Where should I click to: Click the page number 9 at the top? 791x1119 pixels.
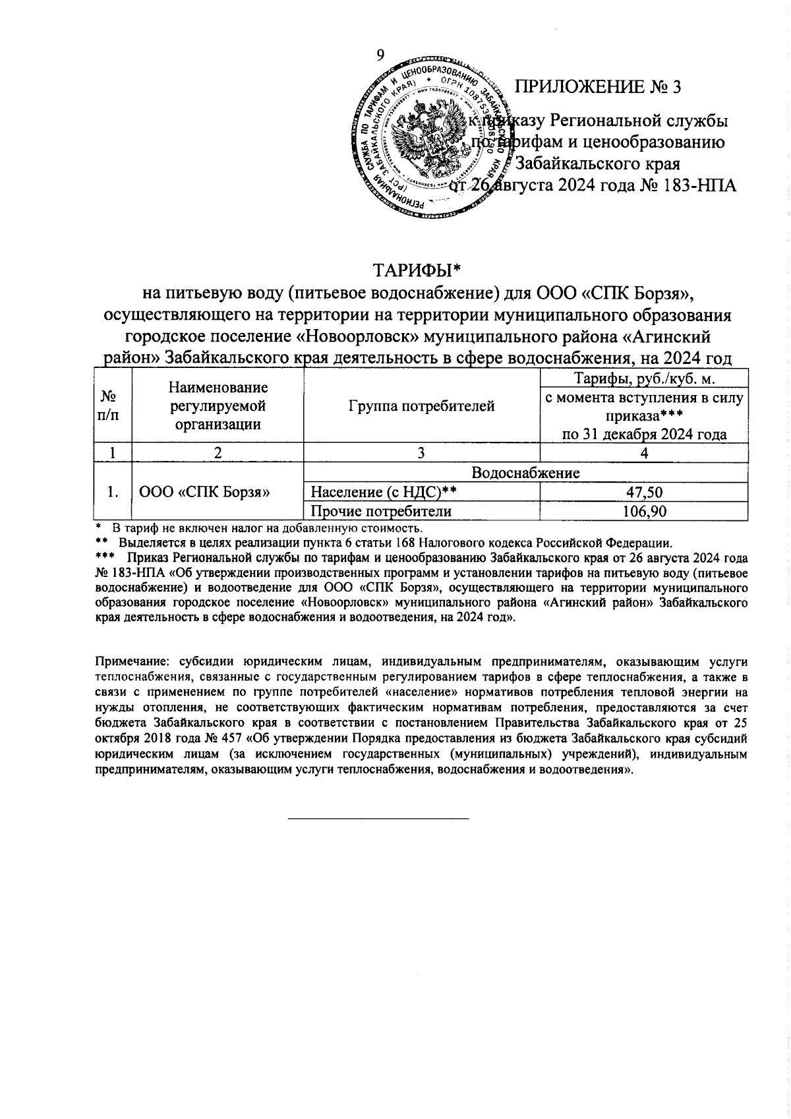point(380,55)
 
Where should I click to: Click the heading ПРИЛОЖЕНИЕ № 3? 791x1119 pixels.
point(597,87)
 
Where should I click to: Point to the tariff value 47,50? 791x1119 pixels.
point(643,493)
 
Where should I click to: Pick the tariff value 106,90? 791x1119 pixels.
point(643,512)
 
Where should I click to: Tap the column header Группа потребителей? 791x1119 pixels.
point(421,406)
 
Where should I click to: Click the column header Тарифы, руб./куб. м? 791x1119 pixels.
point(643,378)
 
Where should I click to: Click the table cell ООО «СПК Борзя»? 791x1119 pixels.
point(204,492)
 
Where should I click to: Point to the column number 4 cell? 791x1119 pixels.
point(643,453)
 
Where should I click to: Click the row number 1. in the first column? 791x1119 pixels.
point(113,492)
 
